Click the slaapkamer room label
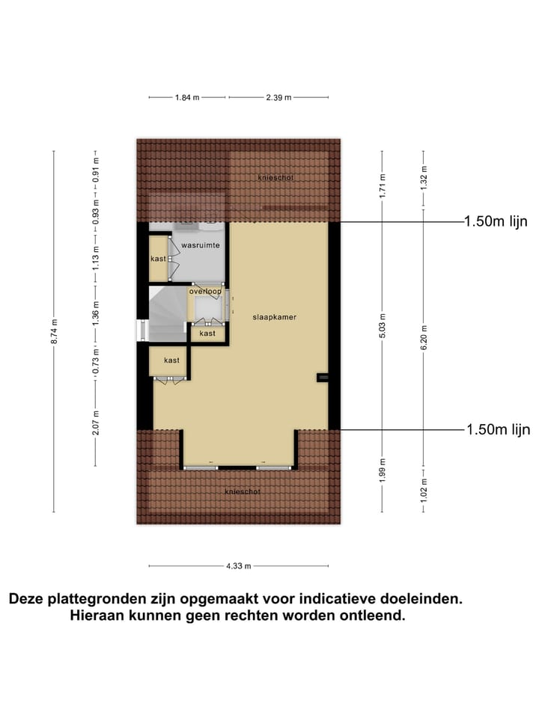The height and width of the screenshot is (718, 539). point(275,317)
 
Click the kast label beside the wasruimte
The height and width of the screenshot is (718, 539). point(158,259)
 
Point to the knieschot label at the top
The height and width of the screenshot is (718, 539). point(275,178)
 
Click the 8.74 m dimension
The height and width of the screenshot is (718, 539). point(54,332)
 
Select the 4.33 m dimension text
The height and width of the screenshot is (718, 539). point(238,565)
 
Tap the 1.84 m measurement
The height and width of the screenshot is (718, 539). point(187,97)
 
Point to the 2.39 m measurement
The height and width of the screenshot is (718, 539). point(278,97)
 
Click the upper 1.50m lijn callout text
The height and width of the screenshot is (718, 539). point(496,221)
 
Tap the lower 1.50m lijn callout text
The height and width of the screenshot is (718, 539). point(497,429)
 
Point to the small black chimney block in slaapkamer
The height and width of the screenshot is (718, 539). point(323,378)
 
